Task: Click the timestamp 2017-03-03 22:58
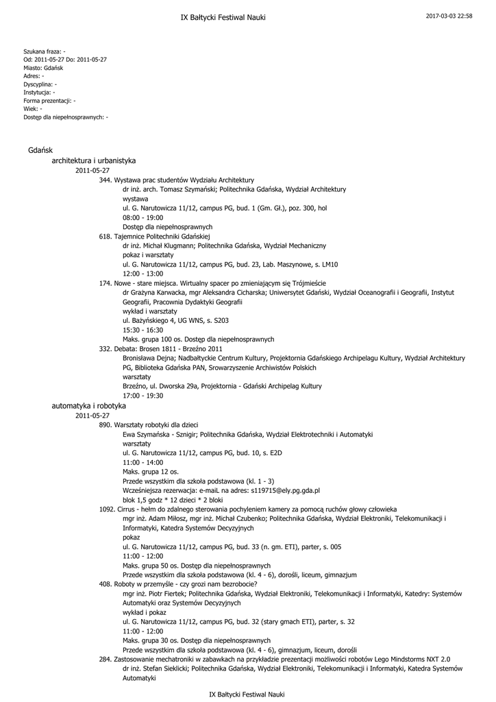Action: coord(449,16)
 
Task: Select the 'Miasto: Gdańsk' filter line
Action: coord(43,68)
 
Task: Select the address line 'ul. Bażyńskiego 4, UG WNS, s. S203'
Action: coord(175,320)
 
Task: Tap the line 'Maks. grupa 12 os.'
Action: coord(150,472)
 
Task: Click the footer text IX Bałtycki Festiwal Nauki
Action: coord(247,694)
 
